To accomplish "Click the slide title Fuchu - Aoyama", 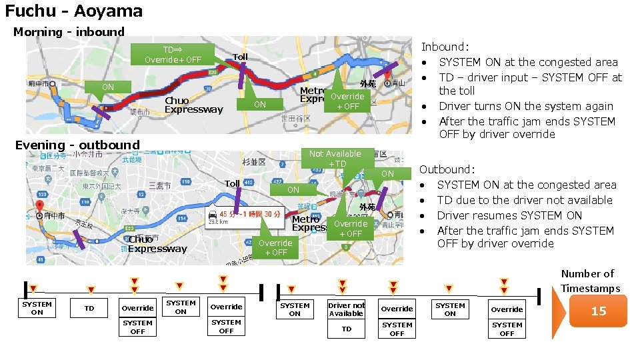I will tap(74, 11).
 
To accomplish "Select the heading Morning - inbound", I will tap(69, 32).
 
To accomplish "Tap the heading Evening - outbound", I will tap(77, 145).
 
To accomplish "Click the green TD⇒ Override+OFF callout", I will tap(173, 55).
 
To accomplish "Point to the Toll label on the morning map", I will tap(240, 57).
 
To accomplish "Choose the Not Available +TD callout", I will tap(335, 159).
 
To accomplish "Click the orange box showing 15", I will tap(598, 311).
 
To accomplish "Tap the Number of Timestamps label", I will tap(590, 281).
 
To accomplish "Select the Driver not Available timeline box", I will tap(347, 309).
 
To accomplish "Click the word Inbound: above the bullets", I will tap(445, 47).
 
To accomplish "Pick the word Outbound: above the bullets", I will tap(447, 169).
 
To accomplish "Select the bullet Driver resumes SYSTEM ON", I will tap(509, 215).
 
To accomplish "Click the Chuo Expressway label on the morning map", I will tap(193, 105).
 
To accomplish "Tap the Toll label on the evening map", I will tap(232, 183).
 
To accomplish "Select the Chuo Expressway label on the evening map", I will tap(157, 244).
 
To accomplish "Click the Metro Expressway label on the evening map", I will tap(308, 223).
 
